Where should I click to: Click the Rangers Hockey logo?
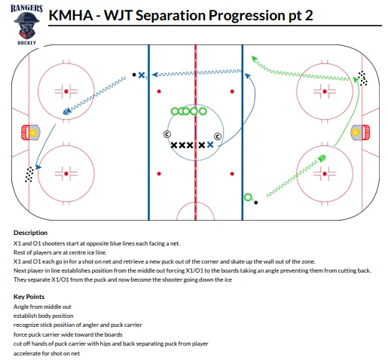(26, 24)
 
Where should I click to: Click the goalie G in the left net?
(33, 133)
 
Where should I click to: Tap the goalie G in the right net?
(356, 132)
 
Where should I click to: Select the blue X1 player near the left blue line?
(142, 75)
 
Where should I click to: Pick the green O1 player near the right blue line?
(248, 197)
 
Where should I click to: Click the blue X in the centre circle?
(210, 145)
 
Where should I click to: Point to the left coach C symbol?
(167, 134)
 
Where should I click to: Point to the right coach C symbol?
(218, 136)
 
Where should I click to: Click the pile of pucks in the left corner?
(29, 175)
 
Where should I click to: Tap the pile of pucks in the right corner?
(362, 78)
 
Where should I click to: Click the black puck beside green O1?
(256, 203)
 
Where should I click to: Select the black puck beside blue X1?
(134, 75)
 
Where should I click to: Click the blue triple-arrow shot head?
(67, 111)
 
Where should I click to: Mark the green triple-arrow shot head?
(322, 158)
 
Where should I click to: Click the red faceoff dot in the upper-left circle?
(66, 91)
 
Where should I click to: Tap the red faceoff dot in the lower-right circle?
(325, 173)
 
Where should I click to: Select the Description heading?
(30, 233)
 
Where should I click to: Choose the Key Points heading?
(29, 297)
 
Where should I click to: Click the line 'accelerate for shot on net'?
(47, 353)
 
